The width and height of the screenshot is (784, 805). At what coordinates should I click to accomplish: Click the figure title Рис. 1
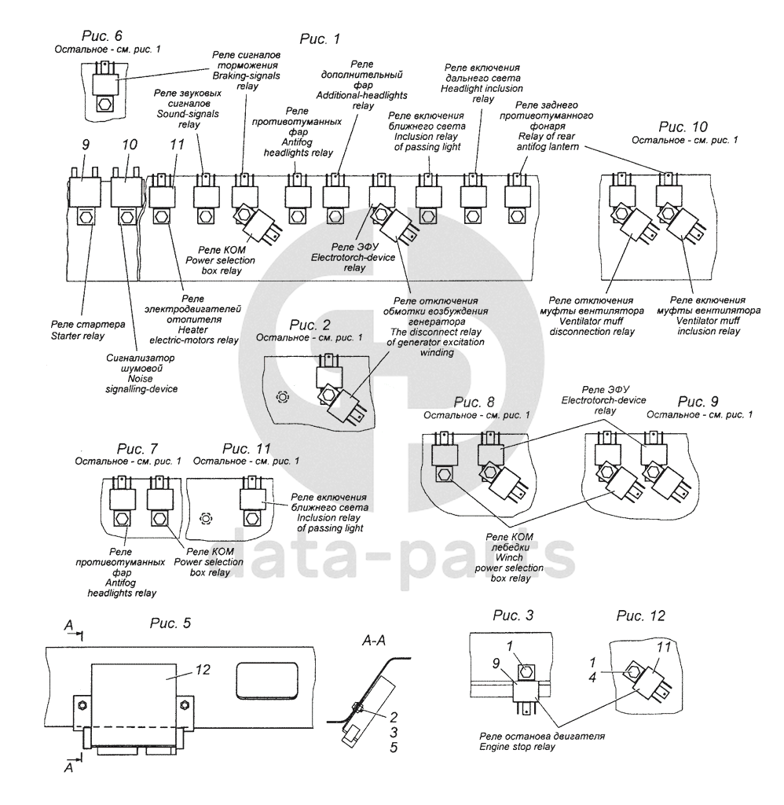point(321,38)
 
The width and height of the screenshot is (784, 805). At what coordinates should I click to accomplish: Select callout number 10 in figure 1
point(130,145)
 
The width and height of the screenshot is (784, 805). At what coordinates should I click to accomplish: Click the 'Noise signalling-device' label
point(141,373)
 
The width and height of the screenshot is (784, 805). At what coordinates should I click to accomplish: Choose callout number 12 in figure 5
point(203,670)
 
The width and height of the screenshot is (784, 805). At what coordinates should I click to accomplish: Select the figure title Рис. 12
point(641,615)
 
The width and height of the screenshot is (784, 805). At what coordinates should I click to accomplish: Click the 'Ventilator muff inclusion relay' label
point(709,315)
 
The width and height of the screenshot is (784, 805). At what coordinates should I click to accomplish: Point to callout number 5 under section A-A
point(394,746)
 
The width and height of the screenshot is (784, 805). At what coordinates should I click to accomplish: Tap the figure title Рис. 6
point(101,36)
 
